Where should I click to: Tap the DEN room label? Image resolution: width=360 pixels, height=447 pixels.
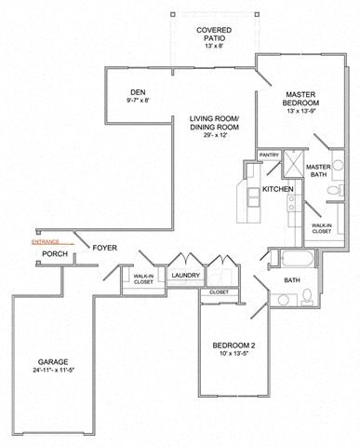pos(139,94)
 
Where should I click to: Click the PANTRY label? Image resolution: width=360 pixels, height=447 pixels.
pos(269,156)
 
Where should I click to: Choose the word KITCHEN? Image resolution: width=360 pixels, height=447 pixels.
pos(278,189)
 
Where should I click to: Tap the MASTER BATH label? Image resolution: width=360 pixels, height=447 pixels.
pos(318,171)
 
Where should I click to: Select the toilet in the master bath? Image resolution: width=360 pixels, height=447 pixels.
pos(333,192)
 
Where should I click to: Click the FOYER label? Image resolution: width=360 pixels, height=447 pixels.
pos(104,248)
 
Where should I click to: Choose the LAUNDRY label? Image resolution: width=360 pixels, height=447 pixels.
pos(186,276)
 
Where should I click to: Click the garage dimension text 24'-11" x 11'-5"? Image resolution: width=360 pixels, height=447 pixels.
pos(54,374)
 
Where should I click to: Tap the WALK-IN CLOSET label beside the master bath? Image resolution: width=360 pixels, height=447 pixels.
pos(321,228)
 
